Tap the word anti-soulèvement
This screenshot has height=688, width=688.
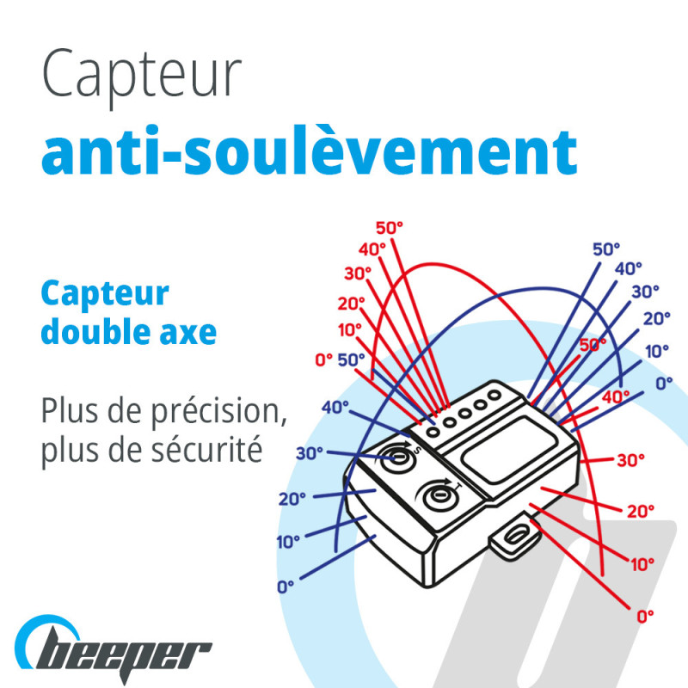[310, 150]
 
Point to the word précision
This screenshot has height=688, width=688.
[219, 413]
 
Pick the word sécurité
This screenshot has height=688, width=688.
[207, 449]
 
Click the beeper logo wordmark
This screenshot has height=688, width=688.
[114, 651]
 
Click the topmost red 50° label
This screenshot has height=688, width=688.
[390, 228]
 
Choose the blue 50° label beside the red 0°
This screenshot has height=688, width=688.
[351, 359]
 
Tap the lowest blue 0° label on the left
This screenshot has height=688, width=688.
[286, 587]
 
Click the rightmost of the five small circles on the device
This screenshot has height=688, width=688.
[494, 395]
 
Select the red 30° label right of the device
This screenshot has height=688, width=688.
[631, 460]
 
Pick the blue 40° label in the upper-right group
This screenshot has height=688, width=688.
[629, 268]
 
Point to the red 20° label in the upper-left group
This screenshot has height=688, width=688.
[352, 304]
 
